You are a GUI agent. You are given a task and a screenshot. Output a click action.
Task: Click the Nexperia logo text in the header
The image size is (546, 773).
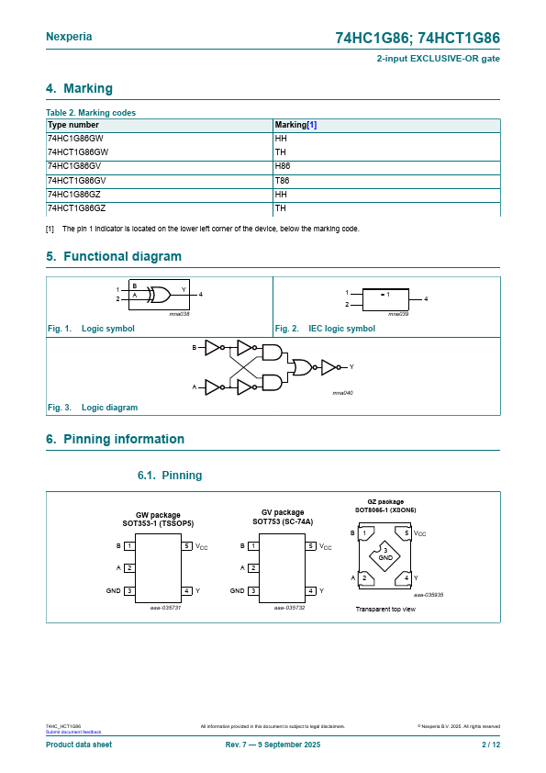pos(69,37)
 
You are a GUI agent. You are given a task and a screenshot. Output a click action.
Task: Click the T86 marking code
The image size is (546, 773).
pos(282,181)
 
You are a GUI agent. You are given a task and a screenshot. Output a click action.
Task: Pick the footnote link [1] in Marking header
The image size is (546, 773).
pos(311,125)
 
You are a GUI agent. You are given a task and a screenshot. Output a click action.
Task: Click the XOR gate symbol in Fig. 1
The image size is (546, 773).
pos(159,295)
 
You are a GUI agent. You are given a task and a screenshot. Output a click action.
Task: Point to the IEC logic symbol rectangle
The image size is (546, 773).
pos(385,299)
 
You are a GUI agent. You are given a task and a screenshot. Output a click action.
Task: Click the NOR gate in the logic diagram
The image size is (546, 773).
pos(303,367)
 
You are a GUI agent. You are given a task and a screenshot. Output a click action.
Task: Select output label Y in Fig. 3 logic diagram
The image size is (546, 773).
pos(351,367)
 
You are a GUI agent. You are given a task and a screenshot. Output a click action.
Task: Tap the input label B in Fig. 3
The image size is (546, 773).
pos(195,348)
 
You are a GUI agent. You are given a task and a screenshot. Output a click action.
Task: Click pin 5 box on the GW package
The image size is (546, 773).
pos(187,545)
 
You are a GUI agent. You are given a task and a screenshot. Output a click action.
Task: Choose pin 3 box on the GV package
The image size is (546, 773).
pos(253,590)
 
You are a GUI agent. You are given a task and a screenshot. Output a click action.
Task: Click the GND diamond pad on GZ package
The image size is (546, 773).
pos(384,555)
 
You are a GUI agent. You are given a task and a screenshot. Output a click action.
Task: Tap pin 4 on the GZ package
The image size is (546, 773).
pos(406,577)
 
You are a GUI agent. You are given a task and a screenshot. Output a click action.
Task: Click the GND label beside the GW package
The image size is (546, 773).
pos(114,590)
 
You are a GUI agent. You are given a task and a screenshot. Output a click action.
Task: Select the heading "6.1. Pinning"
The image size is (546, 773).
pos(170,476)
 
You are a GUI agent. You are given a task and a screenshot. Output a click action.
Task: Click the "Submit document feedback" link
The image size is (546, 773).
pos(73,732)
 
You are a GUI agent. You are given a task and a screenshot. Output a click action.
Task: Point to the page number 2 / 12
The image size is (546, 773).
pos(491,745)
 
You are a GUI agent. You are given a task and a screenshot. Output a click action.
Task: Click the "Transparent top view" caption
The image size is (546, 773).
pos(385,610)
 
